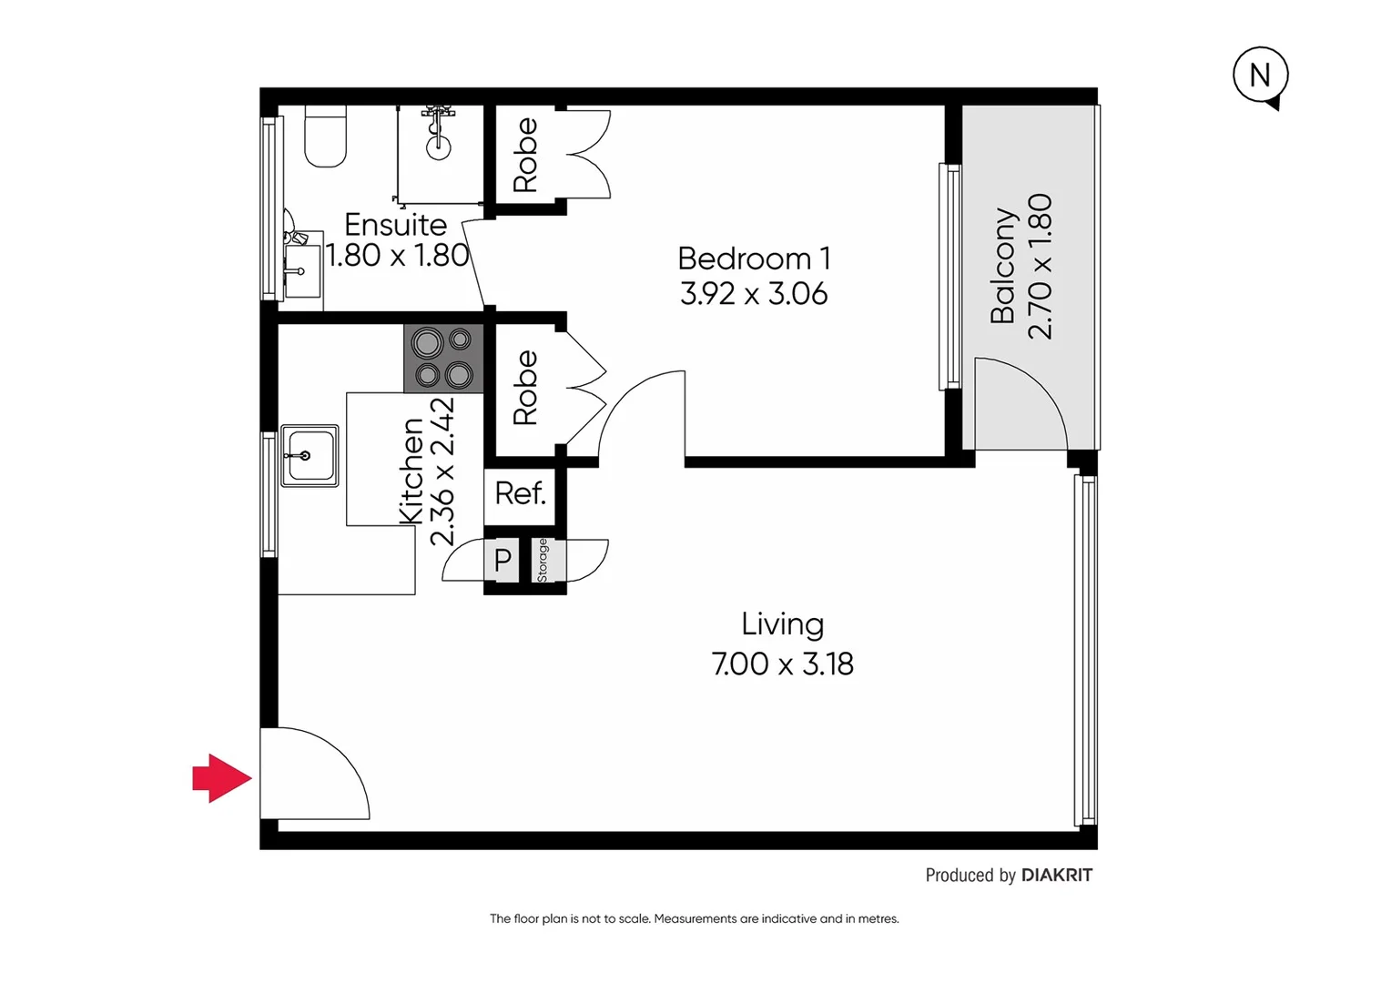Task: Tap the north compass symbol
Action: tap(1260, 76)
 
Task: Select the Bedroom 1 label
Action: tap(754, 258)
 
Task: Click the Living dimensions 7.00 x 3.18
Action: tap(782, 664)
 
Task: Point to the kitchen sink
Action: tap(309, 455)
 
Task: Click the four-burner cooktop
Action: tap(443, 359)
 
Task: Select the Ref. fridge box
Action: tap(520, 494)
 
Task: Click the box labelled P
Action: tap(503, 561)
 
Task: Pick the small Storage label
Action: tap(543, 561)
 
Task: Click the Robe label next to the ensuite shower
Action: tap(525, 155)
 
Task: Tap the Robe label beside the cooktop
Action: tap(525, 389)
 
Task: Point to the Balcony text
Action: tap(1002, 266)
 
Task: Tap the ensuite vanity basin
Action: tap(300, 269)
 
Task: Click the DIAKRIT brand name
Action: tap(1056, 876)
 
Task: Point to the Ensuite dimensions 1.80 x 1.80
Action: tap(397, 256)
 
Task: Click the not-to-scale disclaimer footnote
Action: tap(694, 919)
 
